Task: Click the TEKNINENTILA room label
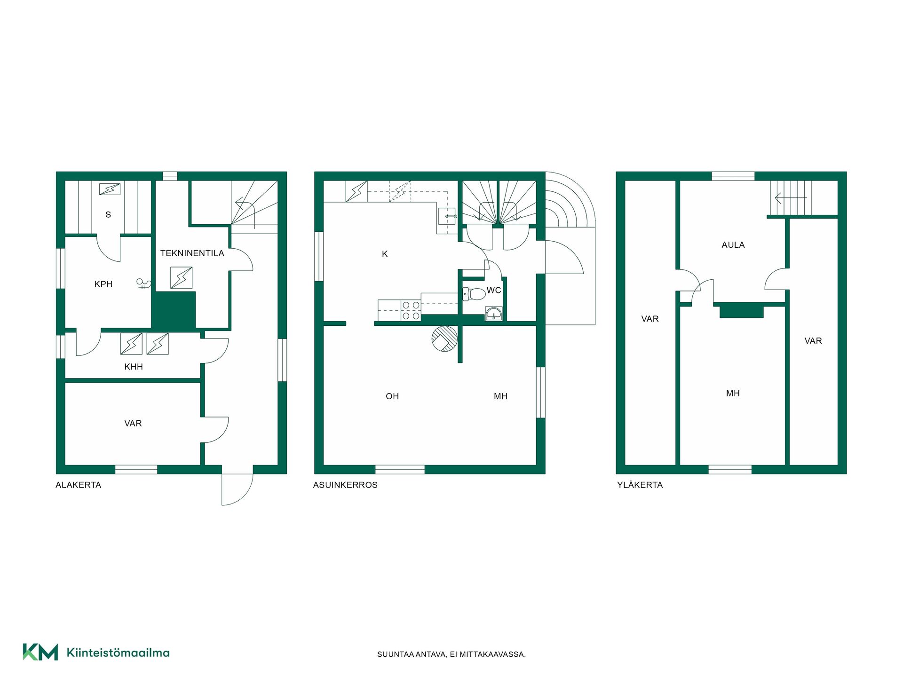192,253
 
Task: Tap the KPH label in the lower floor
103,284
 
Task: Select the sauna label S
108,215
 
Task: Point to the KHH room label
134,367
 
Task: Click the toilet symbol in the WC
474,294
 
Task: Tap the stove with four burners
411,310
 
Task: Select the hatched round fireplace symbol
444,339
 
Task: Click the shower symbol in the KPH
144,283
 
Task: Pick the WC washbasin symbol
494,314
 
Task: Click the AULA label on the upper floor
733,245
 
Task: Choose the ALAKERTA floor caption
79,485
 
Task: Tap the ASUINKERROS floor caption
345,485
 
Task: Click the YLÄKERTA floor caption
640,485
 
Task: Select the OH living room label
392,396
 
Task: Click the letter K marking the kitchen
385,254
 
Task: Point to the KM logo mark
40,652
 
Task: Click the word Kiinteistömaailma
118,653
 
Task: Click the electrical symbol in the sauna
110,189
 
